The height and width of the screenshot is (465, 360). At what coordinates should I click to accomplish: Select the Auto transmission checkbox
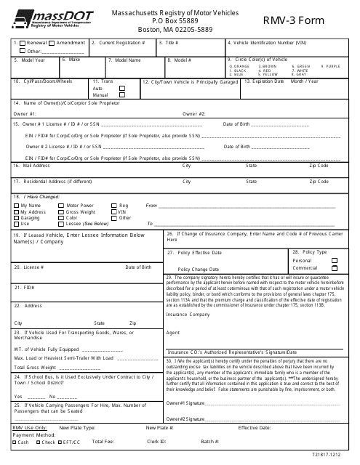(121, 89)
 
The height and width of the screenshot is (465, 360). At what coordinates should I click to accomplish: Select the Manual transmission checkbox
(121, 96)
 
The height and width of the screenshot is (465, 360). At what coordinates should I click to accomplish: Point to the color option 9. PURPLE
(331, 66)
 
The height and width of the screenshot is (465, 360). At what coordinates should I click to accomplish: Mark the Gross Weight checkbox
(60, 211)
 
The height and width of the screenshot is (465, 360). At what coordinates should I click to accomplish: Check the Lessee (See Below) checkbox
(60, 224)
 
